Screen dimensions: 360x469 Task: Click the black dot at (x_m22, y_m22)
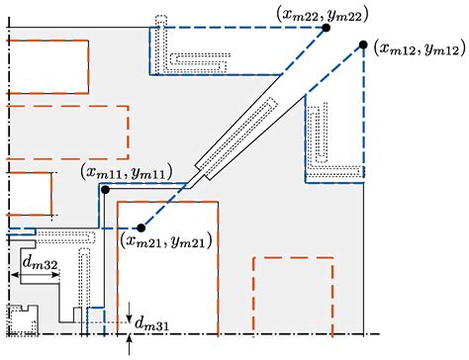tap(328, 29)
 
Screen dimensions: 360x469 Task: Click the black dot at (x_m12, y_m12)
tap(363, 45)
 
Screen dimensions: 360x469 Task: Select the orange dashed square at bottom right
tap(293, 294)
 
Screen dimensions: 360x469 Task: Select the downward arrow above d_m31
tap(131, 308)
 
